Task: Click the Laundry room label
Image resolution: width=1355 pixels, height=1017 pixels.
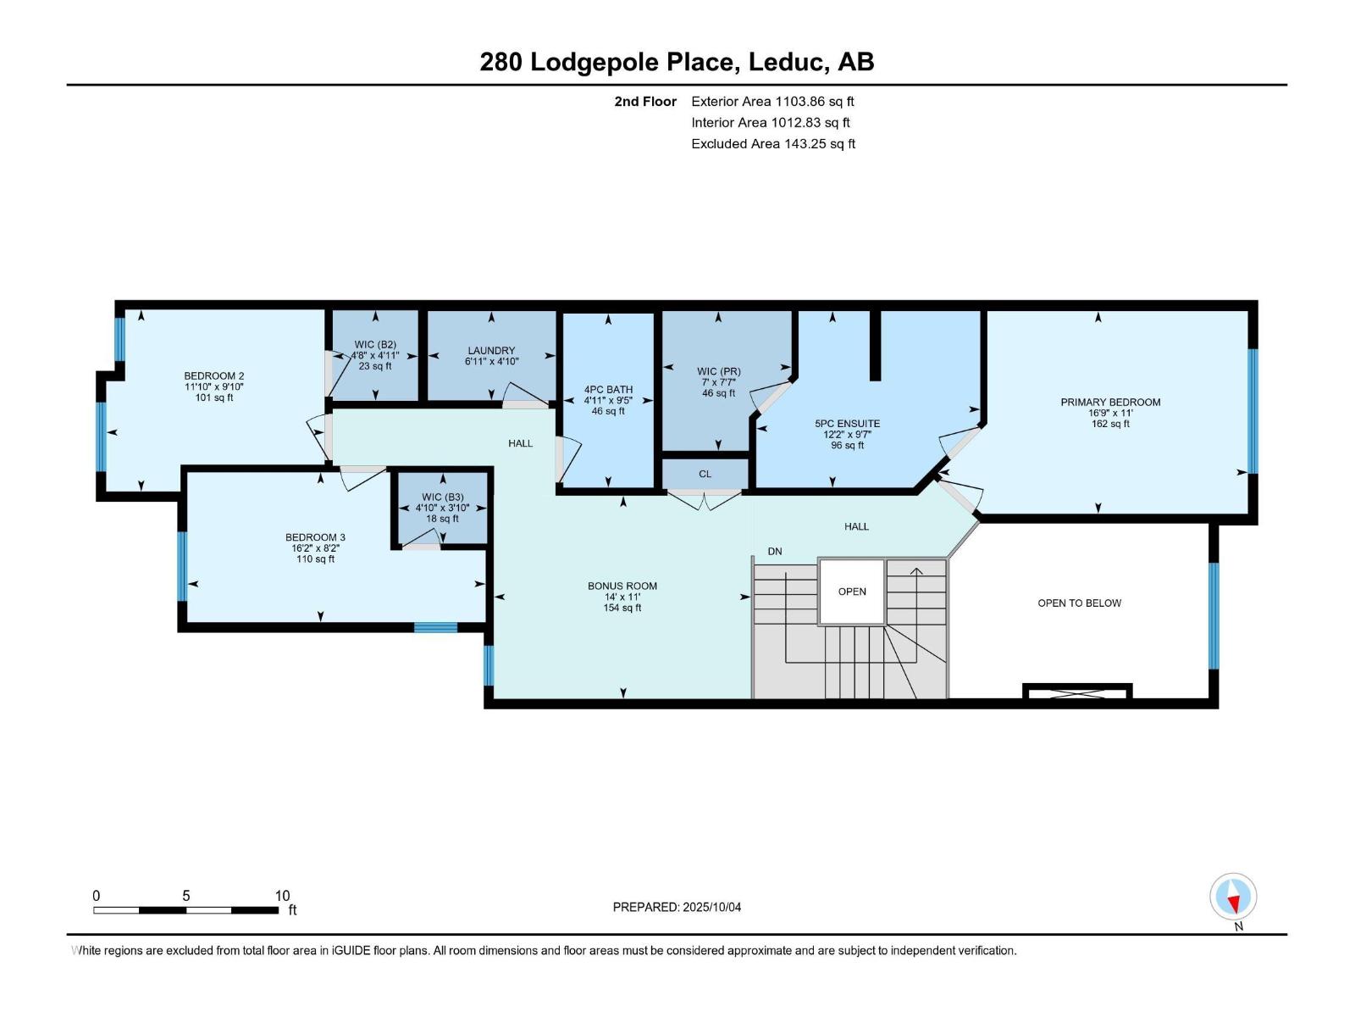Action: point(491,350)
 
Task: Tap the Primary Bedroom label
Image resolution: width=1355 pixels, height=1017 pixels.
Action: point(1110,402)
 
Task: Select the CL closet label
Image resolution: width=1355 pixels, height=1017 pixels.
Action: point(705,474)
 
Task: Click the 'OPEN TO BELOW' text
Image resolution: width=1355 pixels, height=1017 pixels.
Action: point(1079,603)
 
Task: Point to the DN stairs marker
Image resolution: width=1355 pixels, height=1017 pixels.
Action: point(775,552)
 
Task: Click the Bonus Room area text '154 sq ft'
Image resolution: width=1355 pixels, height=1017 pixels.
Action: point(622,608)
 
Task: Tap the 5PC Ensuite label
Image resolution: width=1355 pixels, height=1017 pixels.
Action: point(847,423)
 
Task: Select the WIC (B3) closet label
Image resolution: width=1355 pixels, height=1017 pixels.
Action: point(442,497)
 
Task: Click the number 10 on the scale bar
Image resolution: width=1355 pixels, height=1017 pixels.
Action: point(282,896)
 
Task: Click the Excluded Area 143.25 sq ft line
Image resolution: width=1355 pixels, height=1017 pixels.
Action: point(772,144)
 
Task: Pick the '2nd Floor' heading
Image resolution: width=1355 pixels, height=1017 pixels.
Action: point(645,101)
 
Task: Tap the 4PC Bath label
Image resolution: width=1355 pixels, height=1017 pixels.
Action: point(608,390)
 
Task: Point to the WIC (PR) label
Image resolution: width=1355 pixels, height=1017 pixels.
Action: point(718,371)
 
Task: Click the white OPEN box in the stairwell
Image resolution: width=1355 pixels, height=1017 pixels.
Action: point(852,592)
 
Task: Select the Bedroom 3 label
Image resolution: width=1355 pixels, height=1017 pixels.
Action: point(315,537)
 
